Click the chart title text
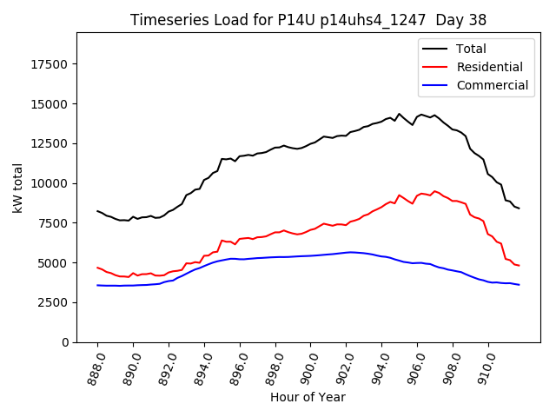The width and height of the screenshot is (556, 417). coord(308,20)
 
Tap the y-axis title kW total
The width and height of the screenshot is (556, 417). coord(18,187)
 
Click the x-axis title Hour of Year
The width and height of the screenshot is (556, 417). coord(308,397)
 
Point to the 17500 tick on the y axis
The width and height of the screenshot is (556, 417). coord(50,64)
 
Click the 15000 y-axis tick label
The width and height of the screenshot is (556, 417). coord(50,104)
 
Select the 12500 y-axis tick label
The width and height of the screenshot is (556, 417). coord(50,143)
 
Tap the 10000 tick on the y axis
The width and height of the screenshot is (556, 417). coord(50,183)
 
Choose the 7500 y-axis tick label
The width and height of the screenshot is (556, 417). coord(53,223)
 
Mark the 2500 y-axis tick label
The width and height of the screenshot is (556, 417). coord(53,302)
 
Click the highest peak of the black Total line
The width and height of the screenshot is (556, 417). coord(399,114)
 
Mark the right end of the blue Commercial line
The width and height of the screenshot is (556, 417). coord(520,285)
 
